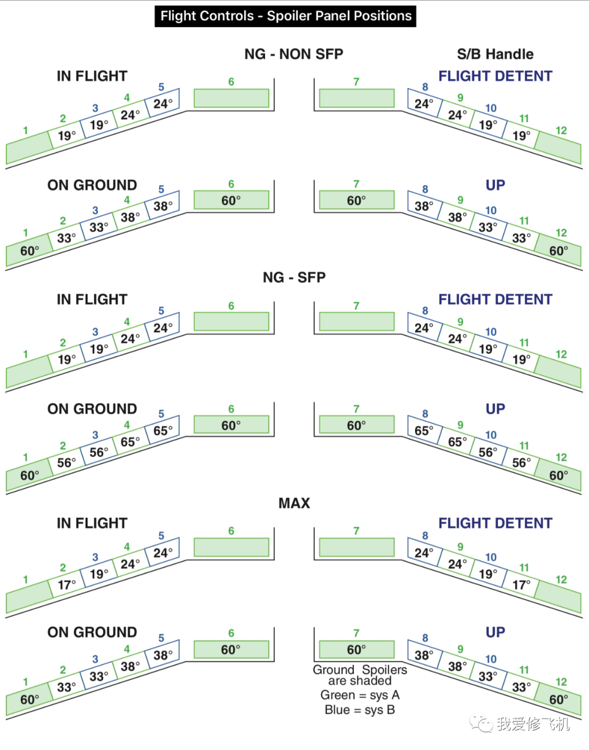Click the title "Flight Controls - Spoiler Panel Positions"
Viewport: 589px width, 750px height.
click(x=285, y=16)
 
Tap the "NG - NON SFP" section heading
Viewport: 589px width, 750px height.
click(x=293, y=54)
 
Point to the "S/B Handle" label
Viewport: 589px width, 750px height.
click(x=495, y=54)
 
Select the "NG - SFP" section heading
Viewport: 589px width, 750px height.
click(x=294, y=277)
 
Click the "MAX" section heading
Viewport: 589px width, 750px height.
click(x=294, y=503)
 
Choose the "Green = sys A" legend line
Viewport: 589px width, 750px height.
click(x=360, y=695)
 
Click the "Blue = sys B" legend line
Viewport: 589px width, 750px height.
click(x=360, y=710)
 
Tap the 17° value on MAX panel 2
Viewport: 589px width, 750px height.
click(x=67, y=585)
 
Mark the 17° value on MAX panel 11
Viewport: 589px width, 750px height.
click(x=521, y=585)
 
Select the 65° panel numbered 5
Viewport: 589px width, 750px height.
click(x=163, y=431)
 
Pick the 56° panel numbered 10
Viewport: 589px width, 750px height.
click(x=488, y=452)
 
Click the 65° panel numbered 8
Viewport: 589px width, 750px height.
click(x=424, y=431)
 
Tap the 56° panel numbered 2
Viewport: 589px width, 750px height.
click(x=67, y=463)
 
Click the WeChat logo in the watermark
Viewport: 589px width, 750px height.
click(x=481, y=723)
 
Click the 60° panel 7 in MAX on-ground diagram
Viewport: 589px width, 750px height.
click(x=357, y=650)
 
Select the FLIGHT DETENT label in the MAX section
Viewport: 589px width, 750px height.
click(x=495, y=523)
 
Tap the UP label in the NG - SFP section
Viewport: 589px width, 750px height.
click(x=495, y=409)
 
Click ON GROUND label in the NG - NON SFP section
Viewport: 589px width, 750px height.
click(x=92, y=185)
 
